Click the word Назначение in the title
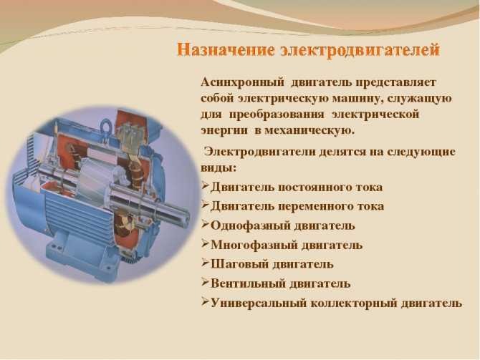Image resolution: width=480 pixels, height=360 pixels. click(x=225, y=50)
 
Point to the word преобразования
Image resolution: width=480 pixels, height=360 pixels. click(x=277, y=115)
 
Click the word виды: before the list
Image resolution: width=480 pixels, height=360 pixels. click(x=219, y=168)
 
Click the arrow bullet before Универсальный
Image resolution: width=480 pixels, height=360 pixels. click(x=206, y=302)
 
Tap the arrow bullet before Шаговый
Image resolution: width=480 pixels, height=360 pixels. click(x=206, y=263)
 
